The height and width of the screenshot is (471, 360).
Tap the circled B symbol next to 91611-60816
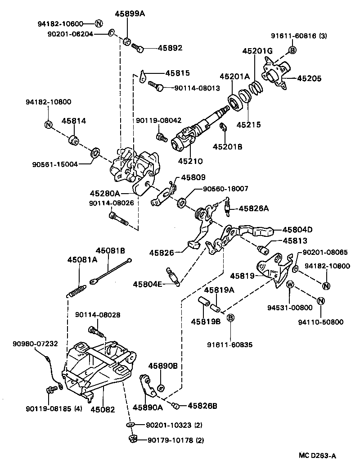click(292, 50)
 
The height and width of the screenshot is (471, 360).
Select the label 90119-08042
click(158, 121)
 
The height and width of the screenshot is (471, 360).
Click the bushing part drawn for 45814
click(74, 140)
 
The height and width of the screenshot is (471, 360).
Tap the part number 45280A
click(105, 193)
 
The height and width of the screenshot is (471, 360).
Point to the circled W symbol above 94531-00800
click(290, 284)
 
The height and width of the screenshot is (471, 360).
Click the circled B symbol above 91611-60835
click(230, 318)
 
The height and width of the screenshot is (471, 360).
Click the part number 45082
click(103, 409)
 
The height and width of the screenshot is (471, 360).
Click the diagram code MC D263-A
click(318, 456)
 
